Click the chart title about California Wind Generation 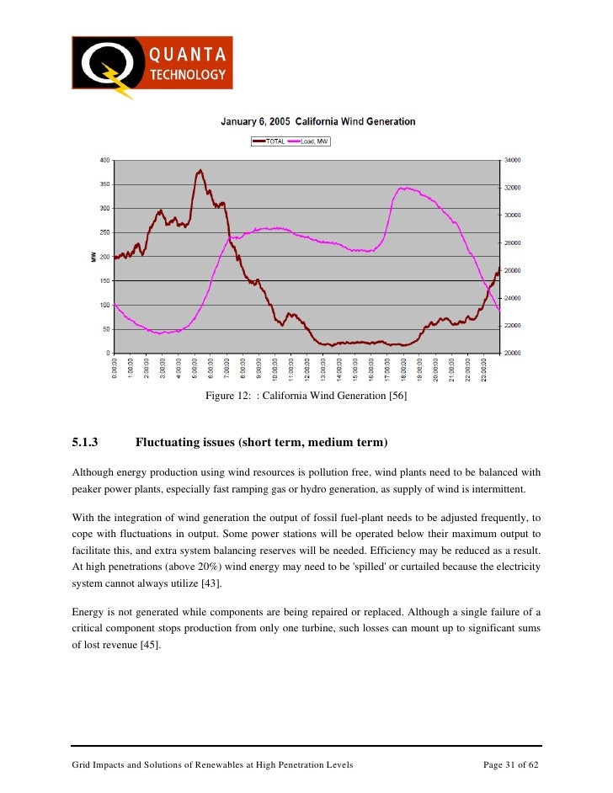[317, 121]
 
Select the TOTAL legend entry [269, 141]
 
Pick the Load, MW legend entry [309, 141]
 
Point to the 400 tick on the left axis [104, 160]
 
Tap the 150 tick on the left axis [104, 280]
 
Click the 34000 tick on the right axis [513, 160]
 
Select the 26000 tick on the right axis [513, 270]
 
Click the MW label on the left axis [94, 256]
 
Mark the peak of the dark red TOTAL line [200, 170]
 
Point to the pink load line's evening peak [405, 188]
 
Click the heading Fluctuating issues [262, 442]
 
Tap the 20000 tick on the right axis [513, 353]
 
